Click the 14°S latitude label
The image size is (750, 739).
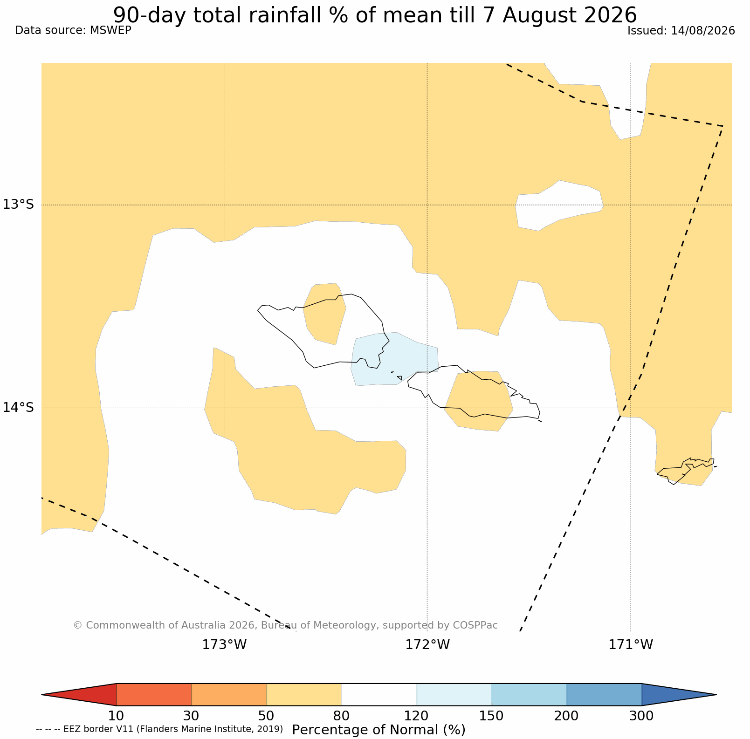pyautogui.click(x=19, y=408)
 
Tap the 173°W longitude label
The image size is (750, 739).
pyautogui.click(x=224, y=645)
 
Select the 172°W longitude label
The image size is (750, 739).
pyautogui.click(x=427, y=645)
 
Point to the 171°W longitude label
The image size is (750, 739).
pyautogui.click(x=631, y=645)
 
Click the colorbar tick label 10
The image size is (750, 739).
pyautogui.click(x=117, y=716)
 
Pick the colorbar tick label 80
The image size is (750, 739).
pyautogui.click(x=342, y=716)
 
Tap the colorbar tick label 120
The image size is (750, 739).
pyautogui.click(x=417, y=716)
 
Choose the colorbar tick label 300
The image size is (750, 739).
pyautogui.click(x=642, y=716)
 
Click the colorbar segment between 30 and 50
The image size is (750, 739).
pyautogui.click(x=229, y=695)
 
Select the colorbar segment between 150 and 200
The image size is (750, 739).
pyautogui.click(x=530, y=695)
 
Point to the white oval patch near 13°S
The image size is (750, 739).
pyautogui.click(x=559, y=205)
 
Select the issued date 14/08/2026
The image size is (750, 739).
pyautogui.click(x=703, y=31)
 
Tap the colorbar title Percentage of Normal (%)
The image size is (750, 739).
pyautogui.click(x=378, y=730)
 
